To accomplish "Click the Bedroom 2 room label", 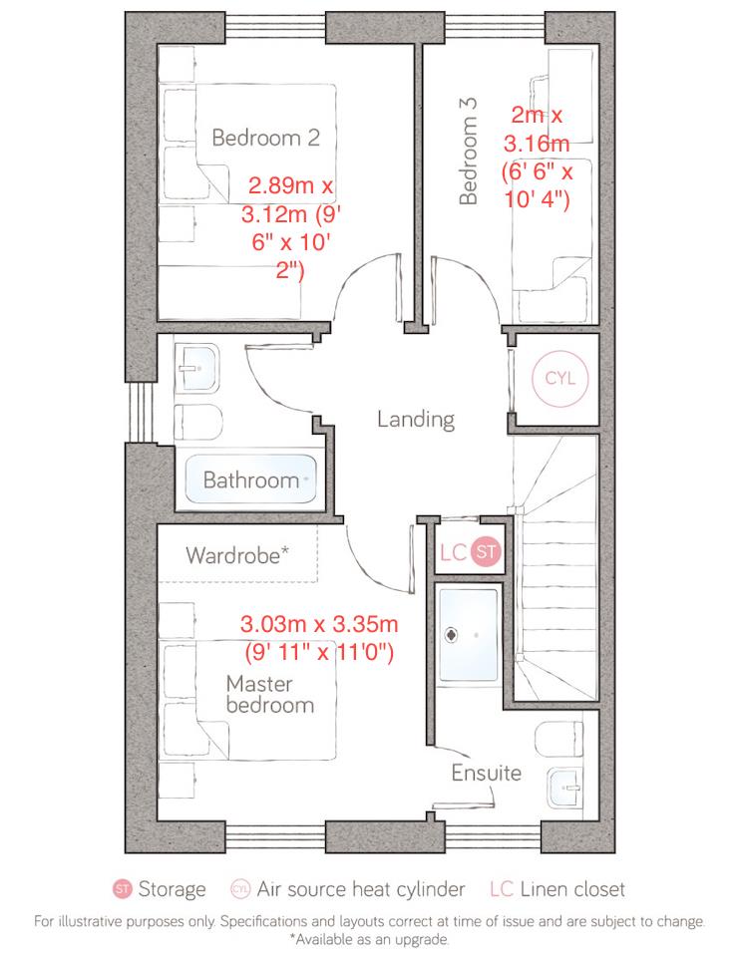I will click(265, 137).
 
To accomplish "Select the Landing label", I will click(415, 420).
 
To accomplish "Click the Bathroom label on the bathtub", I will click(250, 480).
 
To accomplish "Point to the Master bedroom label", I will click(269, 695).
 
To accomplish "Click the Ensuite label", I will click(486, 773).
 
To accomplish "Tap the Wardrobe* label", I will click(237, 555).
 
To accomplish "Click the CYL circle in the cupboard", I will click(559, 379).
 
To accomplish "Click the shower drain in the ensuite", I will click(452, 632).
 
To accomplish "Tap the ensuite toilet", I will click(553, 740).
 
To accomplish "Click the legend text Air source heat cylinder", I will click(361, 888).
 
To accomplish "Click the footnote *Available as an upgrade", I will click(370, 938).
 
